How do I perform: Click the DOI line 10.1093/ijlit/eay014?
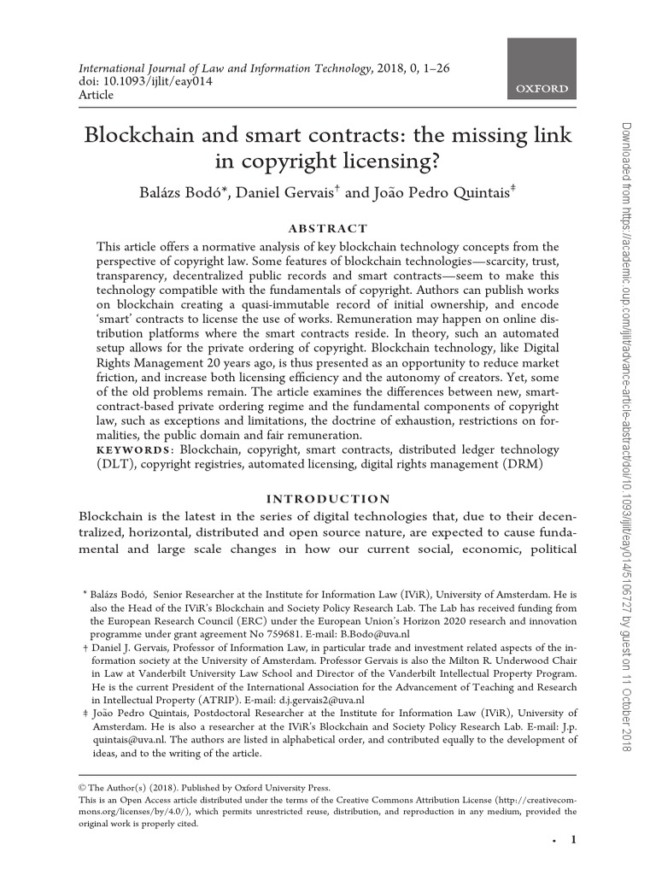[146, 81]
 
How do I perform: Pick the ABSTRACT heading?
[329, 228]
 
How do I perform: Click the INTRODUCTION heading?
[329, 498]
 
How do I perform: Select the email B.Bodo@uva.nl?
[376, 635]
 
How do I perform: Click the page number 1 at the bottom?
[574, 841]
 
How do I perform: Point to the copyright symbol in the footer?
[83, 788]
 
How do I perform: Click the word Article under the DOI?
[96, 95]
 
